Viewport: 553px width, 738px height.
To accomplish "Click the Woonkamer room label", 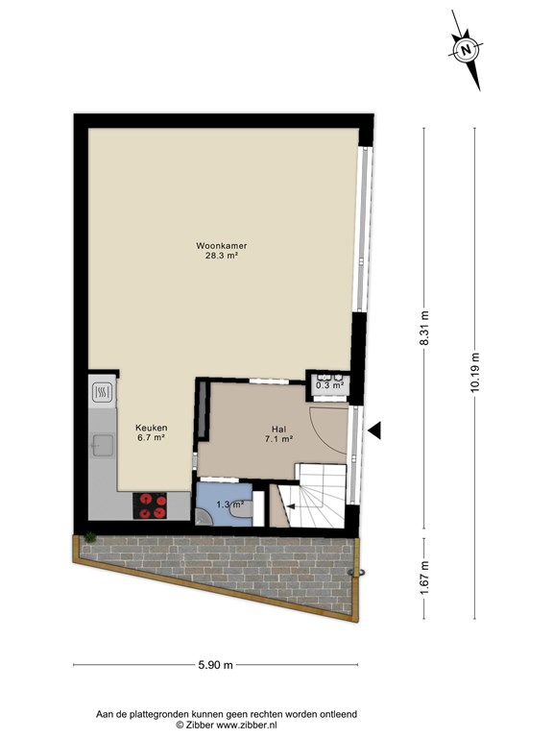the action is [222, 246].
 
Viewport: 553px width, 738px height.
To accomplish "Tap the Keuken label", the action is [151, 428].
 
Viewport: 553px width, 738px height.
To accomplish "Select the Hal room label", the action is [278, 430].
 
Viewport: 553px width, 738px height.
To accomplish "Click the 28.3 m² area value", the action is [222, 256].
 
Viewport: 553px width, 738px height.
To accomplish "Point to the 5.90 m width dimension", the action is [215, 665].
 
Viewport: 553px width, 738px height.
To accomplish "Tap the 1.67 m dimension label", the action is [424, 578].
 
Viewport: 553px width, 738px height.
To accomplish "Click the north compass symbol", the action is [466, 50].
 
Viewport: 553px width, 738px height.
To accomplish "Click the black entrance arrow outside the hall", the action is [374, 430].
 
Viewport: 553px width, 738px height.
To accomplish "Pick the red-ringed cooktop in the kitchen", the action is [150, 506].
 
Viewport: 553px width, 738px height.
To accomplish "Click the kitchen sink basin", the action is [103, 446].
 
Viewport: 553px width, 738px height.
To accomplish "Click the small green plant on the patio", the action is [89, 537].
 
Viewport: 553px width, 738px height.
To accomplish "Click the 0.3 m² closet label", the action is [329, 385].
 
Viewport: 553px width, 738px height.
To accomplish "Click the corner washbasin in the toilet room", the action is [203, 517].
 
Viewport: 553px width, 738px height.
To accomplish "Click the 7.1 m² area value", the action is [278, 439].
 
